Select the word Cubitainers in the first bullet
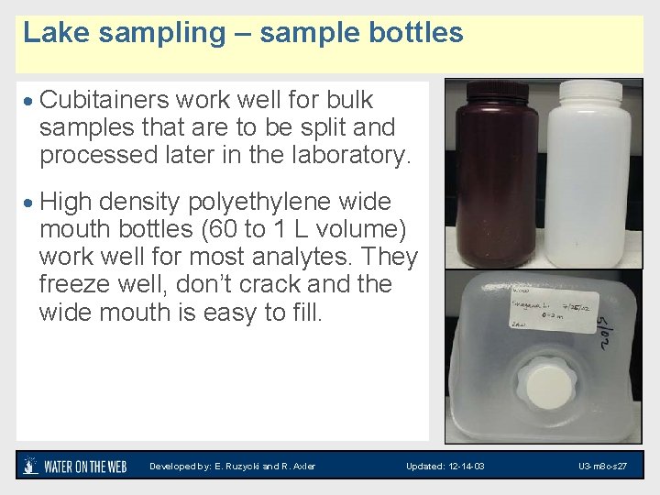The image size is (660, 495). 115,100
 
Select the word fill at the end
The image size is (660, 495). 306,313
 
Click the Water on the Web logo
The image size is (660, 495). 74,466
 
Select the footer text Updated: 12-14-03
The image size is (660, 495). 445,467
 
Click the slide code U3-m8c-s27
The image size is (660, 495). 602,467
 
